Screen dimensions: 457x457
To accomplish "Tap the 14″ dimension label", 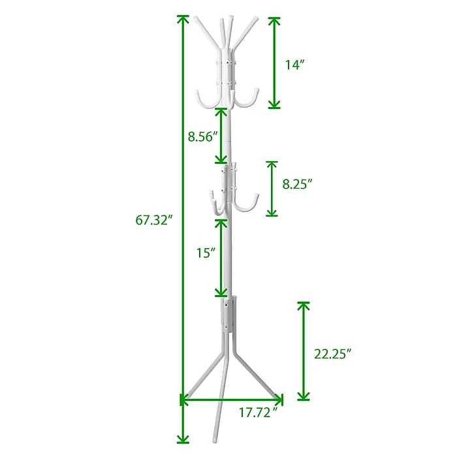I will click(x=296, y=64).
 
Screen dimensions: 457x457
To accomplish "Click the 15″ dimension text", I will click(x=204, y=253).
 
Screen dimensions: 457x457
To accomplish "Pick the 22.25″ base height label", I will click(x=333, y=354).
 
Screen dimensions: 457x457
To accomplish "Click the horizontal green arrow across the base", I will click(x=232, y=398).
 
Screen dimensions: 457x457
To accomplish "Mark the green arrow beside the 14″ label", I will click(x=275, y=63).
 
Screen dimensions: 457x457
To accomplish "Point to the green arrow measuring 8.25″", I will click(x=272, y=189).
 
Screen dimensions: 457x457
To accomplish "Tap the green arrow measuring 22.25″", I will click(x=304, y=351).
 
